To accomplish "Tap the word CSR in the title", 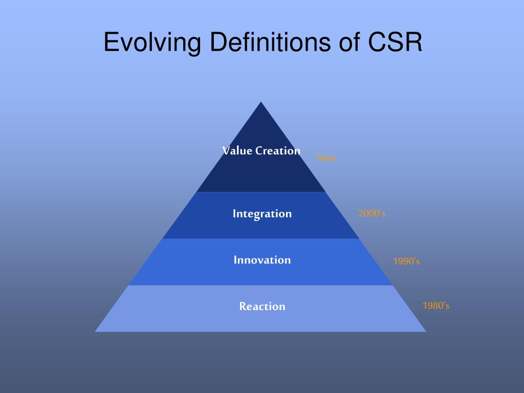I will tap(394, 42).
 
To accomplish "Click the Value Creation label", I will tap(261, 150).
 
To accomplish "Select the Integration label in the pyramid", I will tap(262, 213).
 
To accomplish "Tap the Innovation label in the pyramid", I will tap(262, 260).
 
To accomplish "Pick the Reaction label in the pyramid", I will tap(262, 307).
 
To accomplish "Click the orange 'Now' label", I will tap(326, 159).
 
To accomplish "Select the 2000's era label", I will tap(372, 213).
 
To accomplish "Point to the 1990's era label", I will tap(406, 261).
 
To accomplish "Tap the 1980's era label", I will tap(436, 306).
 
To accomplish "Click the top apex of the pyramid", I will tap(261, 103).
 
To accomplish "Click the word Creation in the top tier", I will tap(278, 150).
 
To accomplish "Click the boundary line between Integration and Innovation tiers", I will tap(261, 238).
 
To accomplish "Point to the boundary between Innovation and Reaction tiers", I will tap(261, 285).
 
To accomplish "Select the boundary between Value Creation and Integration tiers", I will tap(261, 192).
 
